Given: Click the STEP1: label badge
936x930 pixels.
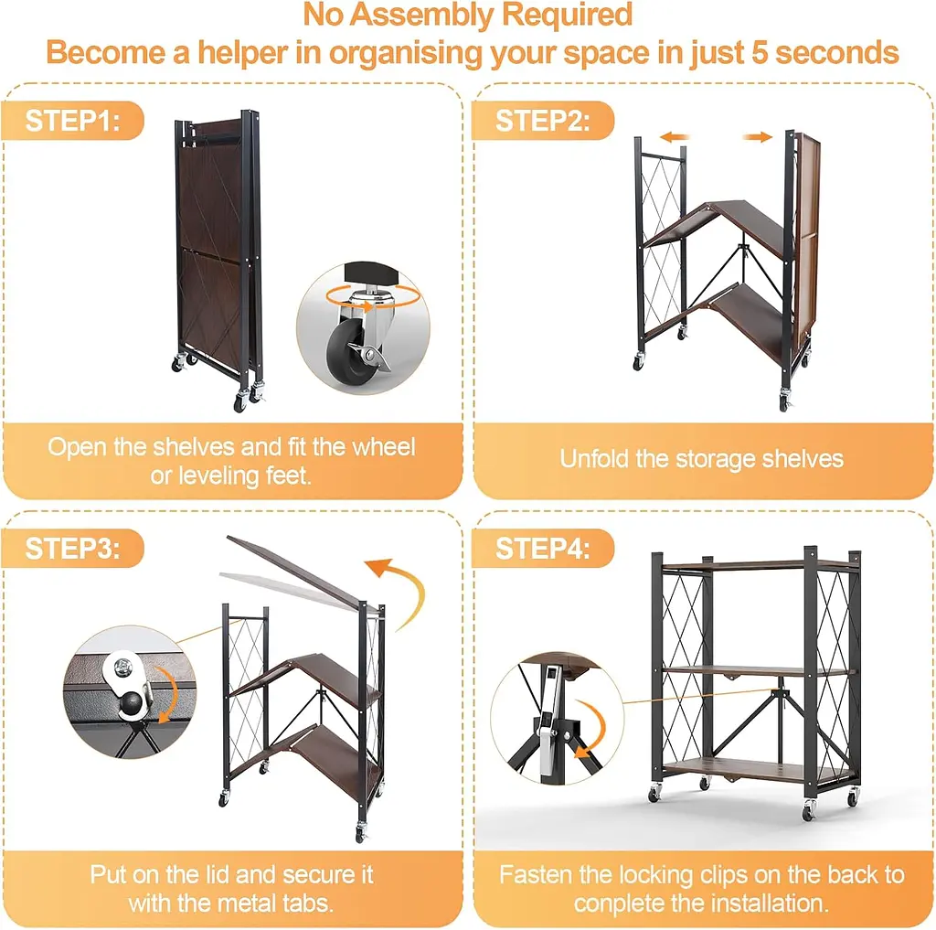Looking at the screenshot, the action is (73, 121).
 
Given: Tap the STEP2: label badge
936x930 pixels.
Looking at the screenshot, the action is (543, 121).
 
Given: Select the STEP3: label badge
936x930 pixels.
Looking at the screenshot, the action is (73, 549).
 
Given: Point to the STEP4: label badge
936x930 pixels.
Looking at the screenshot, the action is (543, 549).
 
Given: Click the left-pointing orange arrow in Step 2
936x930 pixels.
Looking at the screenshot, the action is (675, 137).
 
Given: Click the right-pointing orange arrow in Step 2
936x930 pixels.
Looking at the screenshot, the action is (758, 137).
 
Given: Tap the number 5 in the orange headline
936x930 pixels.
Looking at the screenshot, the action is (759, 52).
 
